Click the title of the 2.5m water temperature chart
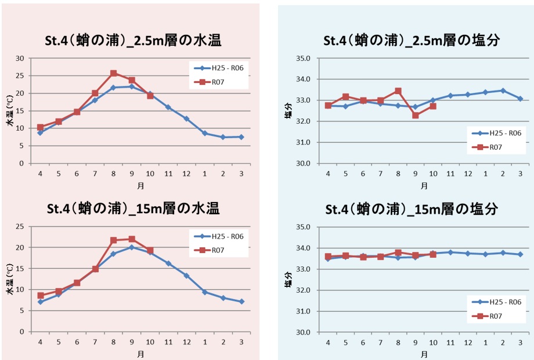point(133,40)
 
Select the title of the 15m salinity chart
point(412,209)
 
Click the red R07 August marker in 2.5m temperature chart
point(113,74)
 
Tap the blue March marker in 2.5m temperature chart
point(241,137)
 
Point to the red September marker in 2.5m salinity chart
point(416,115)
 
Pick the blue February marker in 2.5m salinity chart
point(503,91)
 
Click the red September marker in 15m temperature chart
point(132,239)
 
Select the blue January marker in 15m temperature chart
point(204,292)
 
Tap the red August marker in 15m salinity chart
point(398,253)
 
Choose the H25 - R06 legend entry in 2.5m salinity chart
point(496,133)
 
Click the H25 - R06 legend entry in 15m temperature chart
point(218,236)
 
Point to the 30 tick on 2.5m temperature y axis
point(20,58)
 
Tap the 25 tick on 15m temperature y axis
point(20,226)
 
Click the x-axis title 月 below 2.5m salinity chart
point(424,186)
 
